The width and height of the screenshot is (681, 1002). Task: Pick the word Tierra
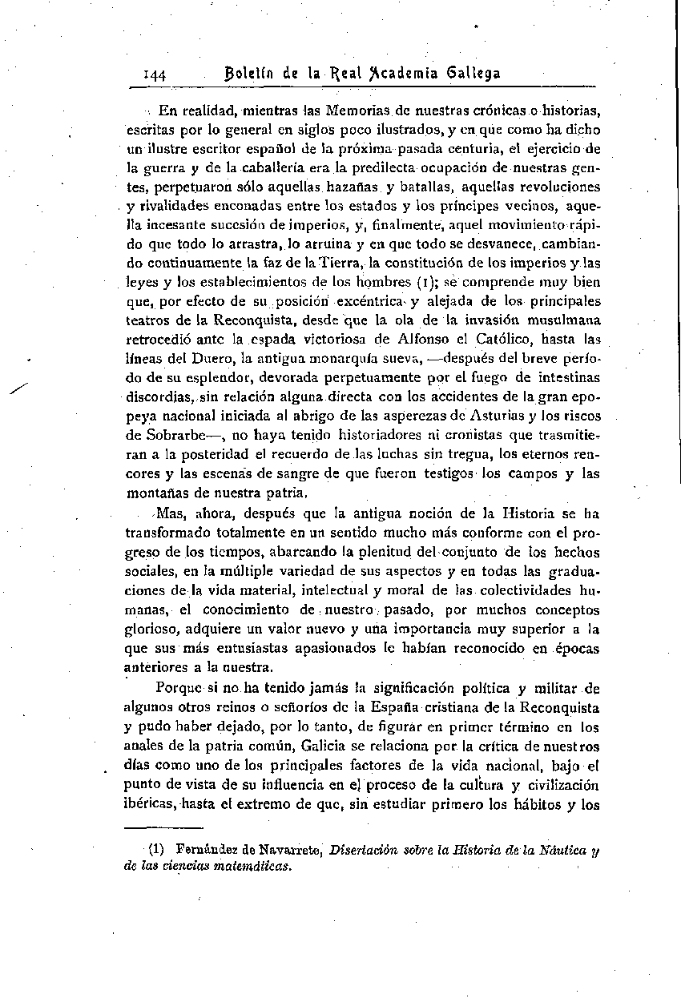[343, 263]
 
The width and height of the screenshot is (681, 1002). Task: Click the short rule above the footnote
[164, 829]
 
